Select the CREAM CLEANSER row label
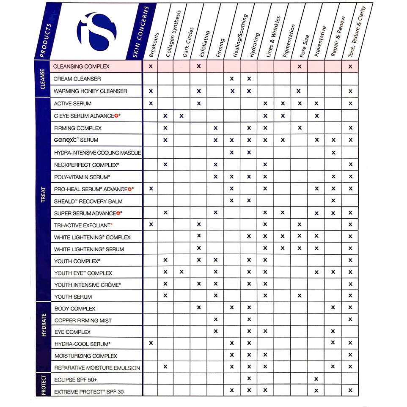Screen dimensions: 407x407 point(77,79)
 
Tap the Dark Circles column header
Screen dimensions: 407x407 point(188,42)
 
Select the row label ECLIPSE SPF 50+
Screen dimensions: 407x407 point(76,379)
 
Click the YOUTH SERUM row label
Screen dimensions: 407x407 point(73,297)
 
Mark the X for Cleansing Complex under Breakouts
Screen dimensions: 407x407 point(151,66)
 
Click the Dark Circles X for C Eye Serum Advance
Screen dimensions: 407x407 point(181,115)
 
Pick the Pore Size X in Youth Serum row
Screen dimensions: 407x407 point(300,295)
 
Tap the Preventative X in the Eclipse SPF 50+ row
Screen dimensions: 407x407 point(316,379)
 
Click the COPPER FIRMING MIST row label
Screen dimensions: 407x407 point(83,320)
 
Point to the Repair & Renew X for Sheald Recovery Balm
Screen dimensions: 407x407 point(333,200)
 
